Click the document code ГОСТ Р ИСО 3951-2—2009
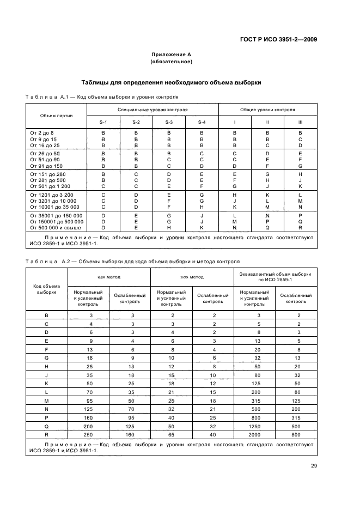tap(278, 39)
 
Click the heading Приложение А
tap(170, 54)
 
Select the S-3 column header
tap(169, 122)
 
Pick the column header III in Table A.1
tap(300, 122)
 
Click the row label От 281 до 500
tap(49, 180)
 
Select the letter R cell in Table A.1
tap(300, 227)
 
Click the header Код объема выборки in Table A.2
tap(46, 289)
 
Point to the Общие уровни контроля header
tap(267, 110)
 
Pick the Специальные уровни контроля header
tap(152, 110)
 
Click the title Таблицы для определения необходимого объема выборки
tap(170, 83)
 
